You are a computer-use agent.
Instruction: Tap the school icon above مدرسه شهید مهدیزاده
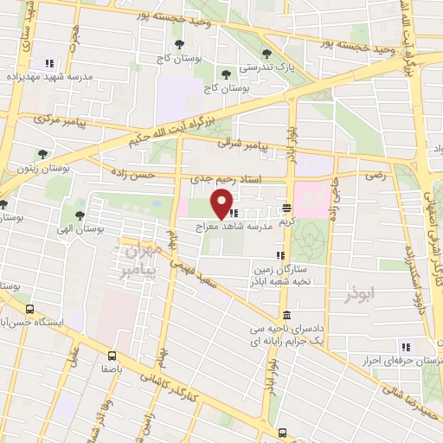pos(49,63)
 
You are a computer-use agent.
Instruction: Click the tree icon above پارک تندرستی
pos(292,54)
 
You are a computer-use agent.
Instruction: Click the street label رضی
pos(375,174)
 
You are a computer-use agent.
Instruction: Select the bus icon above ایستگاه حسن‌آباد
pos(30,309)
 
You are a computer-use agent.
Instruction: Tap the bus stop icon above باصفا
pos(112,355)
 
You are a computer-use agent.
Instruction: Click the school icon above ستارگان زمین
pos(279,255)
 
